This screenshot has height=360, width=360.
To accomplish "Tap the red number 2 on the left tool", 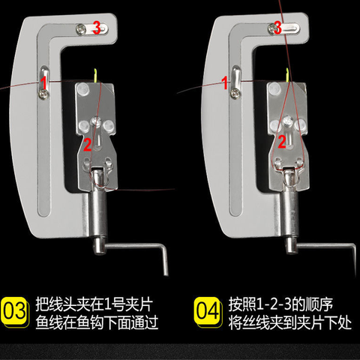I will coord(87,143).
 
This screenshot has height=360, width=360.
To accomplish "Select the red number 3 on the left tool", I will coord(96,28).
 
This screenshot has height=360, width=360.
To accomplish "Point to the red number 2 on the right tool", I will coord(282,140).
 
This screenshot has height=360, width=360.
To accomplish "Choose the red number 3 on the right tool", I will coord(277,28).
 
